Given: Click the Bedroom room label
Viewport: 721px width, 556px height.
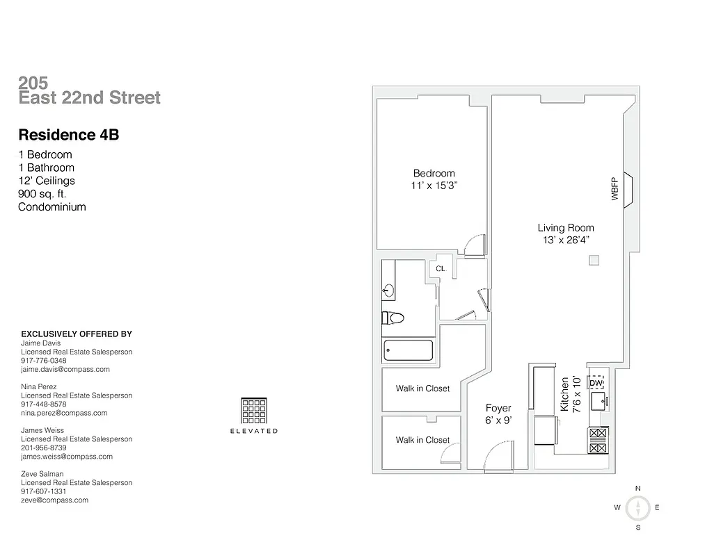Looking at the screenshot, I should (434, 174).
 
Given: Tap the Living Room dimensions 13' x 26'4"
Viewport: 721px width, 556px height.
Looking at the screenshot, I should (565, 240).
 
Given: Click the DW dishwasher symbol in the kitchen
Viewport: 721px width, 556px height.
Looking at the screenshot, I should (596, 383).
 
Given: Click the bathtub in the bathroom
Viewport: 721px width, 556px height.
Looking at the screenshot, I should (408, 350).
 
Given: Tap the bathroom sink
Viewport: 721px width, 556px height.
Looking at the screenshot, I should (388, 291).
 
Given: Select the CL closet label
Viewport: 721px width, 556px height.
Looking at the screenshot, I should (441, 268).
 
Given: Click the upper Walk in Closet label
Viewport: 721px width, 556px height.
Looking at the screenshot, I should (422, 389).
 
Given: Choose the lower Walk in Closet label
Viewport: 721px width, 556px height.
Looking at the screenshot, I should (422, 440).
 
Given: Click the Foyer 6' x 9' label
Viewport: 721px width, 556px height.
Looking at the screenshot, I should (498, 414).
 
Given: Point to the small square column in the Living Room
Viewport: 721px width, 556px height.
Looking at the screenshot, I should (594, 261).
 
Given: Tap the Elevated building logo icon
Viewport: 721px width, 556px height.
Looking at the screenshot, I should (253, 411).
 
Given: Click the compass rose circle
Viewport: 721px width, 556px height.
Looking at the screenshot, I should (637, 508).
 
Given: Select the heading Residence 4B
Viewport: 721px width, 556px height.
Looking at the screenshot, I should (68, 135).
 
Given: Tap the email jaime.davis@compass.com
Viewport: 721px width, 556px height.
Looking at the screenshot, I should (65, 370).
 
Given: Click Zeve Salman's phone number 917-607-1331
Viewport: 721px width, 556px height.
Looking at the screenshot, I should (44, 491).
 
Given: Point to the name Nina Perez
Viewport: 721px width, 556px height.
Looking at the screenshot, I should (39, 386).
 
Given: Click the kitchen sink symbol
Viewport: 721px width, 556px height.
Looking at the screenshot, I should (598, 402).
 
